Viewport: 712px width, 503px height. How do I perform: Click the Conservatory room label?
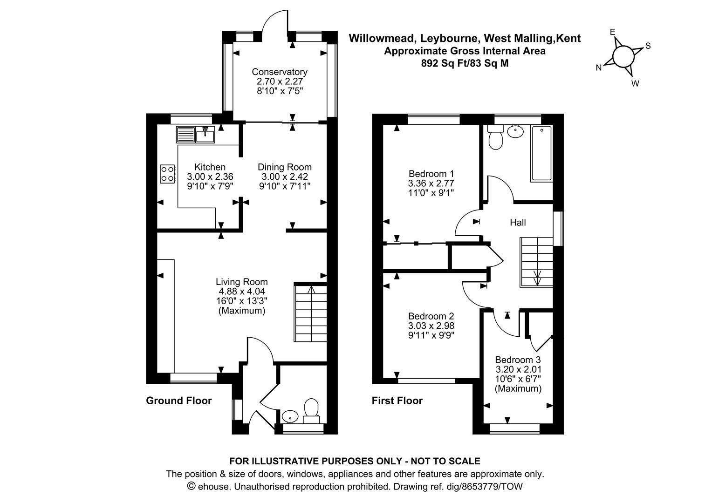[280, 72]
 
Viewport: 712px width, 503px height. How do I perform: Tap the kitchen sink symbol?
[205, 135]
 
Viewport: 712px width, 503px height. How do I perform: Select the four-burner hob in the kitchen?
[168, 173]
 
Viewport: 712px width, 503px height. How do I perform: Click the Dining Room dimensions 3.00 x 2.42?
[285, 177]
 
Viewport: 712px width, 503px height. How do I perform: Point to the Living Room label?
[241, 281]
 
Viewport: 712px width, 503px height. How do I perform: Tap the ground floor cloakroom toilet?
[311, 410]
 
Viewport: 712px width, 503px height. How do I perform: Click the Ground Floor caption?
[179, 401]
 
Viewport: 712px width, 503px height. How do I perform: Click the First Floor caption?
[397, 401]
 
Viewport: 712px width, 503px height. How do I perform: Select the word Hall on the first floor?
[518, 223]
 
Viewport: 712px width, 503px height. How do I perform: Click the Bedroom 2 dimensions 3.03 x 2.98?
[431, 326]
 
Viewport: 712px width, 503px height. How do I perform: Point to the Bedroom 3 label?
[518, 360]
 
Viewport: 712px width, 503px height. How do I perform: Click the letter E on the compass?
[613, 32]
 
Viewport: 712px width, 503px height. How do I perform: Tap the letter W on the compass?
[635, 83]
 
